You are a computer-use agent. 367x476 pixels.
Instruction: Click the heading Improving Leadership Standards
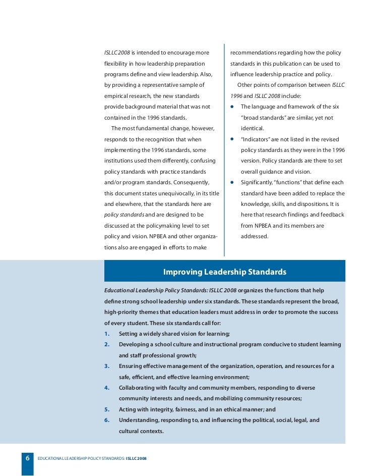(224, 273)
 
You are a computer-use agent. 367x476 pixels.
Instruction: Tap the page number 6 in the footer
(27, 458)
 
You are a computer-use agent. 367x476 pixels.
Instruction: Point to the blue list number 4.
(106, 388)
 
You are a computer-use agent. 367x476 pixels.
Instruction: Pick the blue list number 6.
(106, 420)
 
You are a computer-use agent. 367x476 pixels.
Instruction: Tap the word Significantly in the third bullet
(260, 183)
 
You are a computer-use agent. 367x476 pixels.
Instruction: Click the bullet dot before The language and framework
(232, 107)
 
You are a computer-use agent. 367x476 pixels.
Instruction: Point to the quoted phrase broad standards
(265, 118)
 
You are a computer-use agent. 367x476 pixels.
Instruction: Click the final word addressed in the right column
(255, 236)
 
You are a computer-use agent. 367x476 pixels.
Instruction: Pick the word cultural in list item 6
(130, 431)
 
